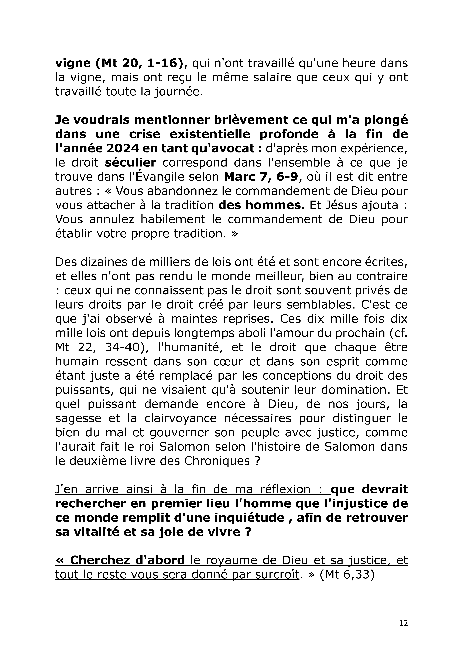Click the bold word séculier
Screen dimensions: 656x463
click(x=130, y=163)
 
